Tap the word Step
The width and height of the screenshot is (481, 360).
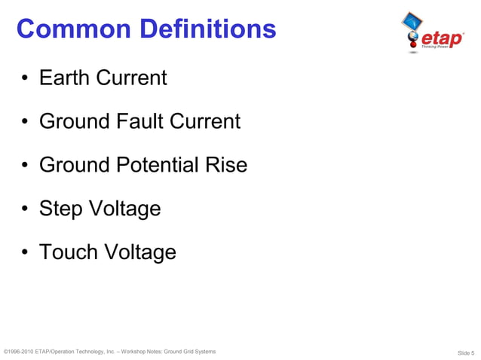pyautogui.click(x=60, y=209)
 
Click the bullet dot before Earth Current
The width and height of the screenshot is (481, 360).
pyautogui.click(x=26, y=78)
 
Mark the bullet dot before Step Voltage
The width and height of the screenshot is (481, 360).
pyautogui.click(x=26, y=209)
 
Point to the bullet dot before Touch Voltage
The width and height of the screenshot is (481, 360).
pyautogui.click(x=26, y=252)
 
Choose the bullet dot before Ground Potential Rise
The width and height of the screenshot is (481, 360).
pyautogui.click(x=26, y=165)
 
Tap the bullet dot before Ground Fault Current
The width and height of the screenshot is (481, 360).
pyautogui.click(x=26, y=121)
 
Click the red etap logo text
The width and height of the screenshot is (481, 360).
pyautogui.click(x=441, y=37)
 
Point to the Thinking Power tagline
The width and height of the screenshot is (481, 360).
pyautogui.click(x=446, y=47)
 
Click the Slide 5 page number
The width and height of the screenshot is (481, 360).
pyautogui.click(x=465, y=352)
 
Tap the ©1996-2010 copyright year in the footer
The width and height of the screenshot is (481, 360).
pyautogui.click(x=20, y=352)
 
